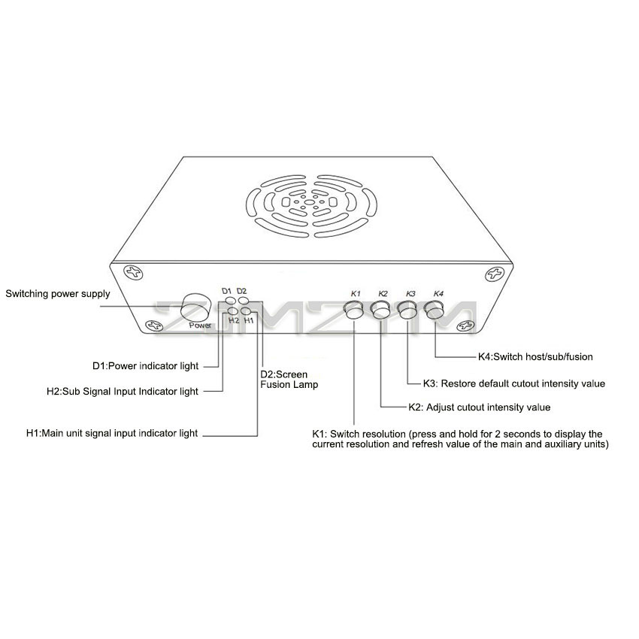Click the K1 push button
(355, 310)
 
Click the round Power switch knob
(196, 308)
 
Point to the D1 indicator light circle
(231, 301)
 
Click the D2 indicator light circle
(244, 301)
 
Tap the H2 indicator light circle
(233, 311)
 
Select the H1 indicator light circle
(246, 311)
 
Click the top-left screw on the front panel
(134, 272)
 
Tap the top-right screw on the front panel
(495, 274)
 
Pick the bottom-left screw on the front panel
(154, 326)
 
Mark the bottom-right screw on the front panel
(465, 326)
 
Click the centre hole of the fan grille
(310, 202)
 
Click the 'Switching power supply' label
(57, 294)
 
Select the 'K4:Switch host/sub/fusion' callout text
(535, 357)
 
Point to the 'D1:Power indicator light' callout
(146, 366)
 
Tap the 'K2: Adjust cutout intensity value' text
(480, 407)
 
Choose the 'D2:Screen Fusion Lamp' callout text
(289, 380)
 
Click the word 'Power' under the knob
(200, 326)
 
